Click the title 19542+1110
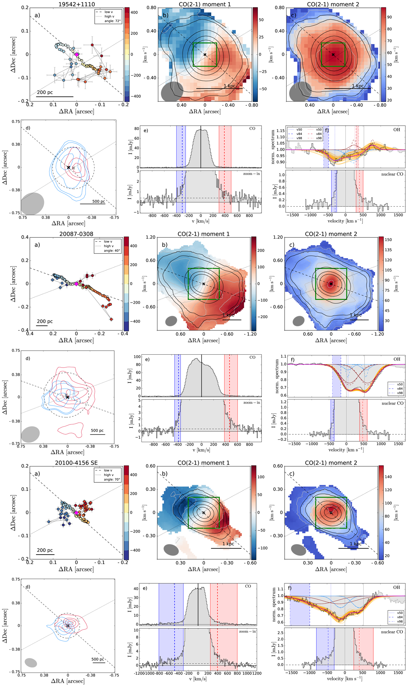coord(76,4)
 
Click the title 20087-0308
coord(76,234)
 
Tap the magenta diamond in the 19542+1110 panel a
coord(77,55)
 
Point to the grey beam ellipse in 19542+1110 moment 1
coord(172,91)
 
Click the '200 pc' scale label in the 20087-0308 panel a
coord(45,321)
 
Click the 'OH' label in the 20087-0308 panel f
coord(397,359)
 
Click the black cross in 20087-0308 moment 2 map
coord(331,284)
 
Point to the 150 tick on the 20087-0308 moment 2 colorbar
coord(388,240)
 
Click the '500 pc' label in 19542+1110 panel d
coord(98,201)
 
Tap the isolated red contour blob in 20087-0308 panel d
coord(70,429)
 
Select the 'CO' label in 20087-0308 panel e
coord(252,357)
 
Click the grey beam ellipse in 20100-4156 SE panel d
coord(31,663)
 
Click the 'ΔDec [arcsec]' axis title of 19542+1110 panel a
coord(13,55)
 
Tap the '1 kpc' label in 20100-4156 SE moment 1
coord(228,544)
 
